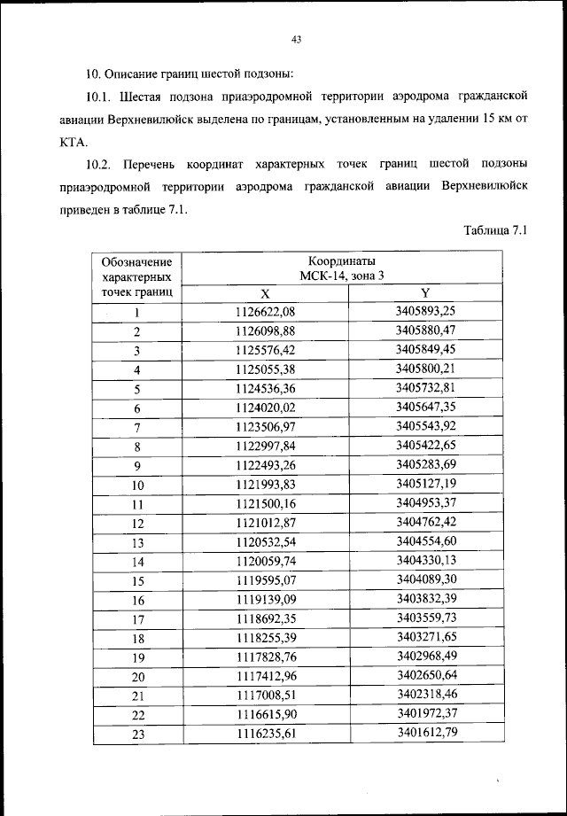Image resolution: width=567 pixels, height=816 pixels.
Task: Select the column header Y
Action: (x=425, y=293)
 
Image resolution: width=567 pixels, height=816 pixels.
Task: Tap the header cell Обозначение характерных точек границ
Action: (x=137, y=276)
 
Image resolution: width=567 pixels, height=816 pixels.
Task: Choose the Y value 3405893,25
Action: (x=425, y=311)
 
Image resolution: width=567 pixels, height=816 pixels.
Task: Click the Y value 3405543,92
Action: (x=425, y=426)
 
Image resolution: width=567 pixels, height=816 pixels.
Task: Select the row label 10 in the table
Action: (x=137, y=485)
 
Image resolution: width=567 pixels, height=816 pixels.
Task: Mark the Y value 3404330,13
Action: (x=425, y=561)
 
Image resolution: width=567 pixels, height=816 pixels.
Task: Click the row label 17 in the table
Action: (x=137, y=619)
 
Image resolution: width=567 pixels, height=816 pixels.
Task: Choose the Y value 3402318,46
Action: (x=425, y=696)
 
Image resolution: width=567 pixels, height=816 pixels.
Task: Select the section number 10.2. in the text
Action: (x=103, y=164)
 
